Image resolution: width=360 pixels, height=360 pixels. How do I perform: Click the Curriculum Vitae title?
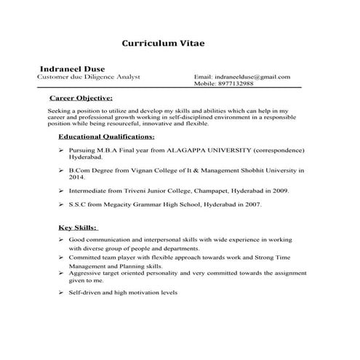[163, 43]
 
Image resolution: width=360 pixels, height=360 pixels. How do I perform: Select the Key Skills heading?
[77, 227]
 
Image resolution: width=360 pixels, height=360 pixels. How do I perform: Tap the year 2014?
[77, 177]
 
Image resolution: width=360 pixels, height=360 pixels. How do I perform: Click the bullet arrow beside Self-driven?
[60, 292]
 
